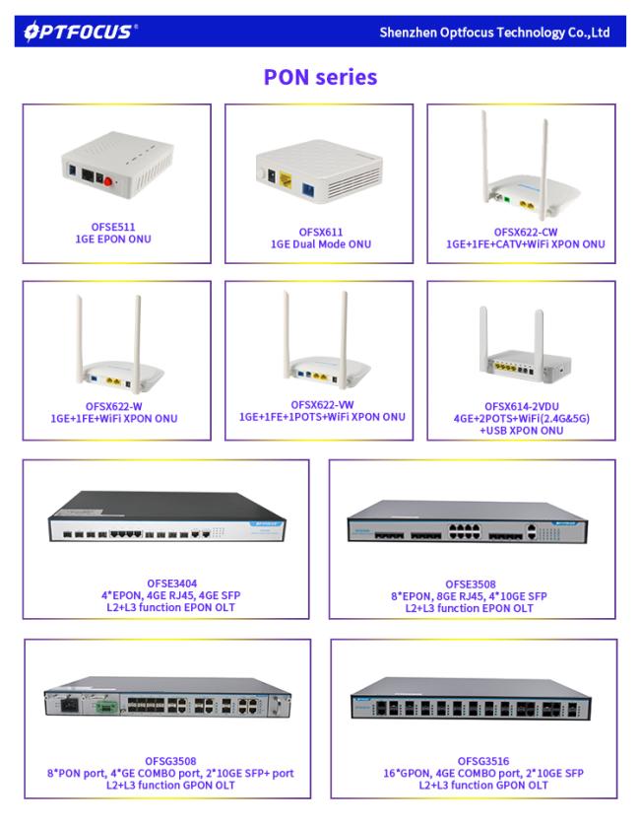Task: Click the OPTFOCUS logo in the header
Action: (81, 32)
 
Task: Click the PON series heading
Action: (320, 77)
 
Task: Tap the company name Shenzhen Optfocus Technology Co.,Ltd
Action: (494, 33)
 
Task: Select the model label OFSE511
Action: (113, 227)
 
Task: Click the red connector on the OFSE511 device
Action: (108, 181)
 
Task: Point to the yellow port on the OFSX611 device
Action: (287, 180)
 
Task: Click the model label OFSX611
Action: (321, 232)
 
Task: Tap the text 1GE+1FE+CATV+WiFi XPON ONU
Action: (526, 244)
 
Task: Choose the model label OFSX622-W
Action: (114, 406)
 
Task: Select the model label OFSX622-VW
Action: (322, 405)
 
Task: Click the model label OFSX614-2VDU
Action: (522, 406)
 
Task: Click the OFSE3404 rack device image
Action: (167, 516)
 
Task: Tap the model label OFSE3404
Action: (171, 584)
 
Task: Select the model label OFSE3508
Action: (471, 584)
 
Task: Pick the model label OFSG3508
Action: (170, 761)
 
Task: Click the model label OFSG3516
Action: (483, 761)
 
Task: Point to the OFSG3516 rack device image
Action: (471, 699)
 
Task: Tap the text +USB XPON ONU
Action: (521, 431)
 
